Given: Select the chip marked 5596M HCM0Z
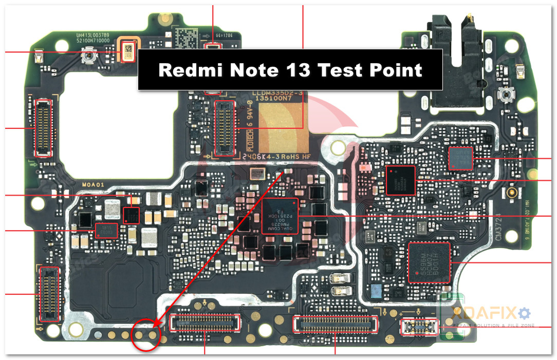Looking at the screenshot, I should [x=429, y=262].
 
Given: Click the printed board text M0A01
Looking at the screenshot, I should [x=92, y=184].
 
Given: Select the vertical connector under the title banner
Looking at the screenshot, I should [x=225, y=128].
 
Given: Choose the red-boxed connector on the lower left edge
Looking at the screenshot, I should [x=48, y=294].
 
